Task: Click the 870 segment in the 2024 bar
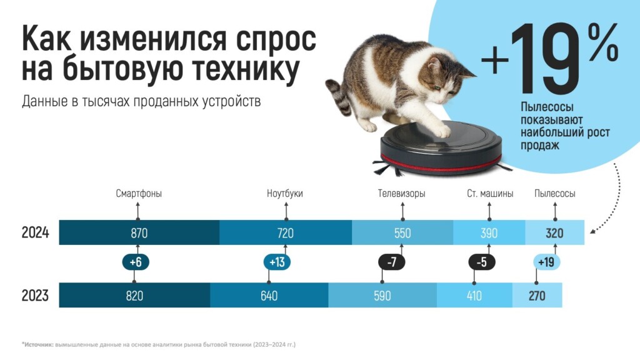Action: pyautogui.click(x=139, y=232)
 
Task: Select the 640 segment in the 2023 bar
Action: pyautogui.click(x=269, y=295)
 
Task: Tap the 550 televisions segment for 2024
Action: pyautogui.click(x=402, y=232)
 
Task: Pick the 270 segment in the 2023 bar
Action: pyautogui.click(x=537, y=295)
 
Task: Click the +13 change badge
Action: pyautogui.click(x=277, y=262)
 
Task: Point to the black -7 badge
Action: pyautogui.click(x=391, y=262)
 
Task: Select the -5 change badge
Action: pyautogui.click(x=482, y=262)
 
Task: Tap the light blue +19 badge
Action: pyautogui.click(x=546, y=262)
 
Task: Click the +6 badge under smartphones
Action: pyautogui.click(x=136, y=262)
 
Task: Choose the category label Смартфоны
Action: pyautogui.click(x=139, y=194)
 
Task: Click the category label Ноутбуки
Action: pyautogui.click(x=285, y=194)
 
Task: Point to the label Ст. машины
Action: pyautogui.click(x=490, y=194)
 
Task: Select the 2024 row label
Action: pyautogui.click(x=35, y=232)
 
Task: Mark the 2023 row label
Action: pyautogui.click(x=35, y=295)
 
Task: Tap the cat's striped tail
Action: pyautogui.click(x=339, y=96)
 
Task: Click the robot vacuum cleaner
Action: pyautogui.click(x=441, y=149)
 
